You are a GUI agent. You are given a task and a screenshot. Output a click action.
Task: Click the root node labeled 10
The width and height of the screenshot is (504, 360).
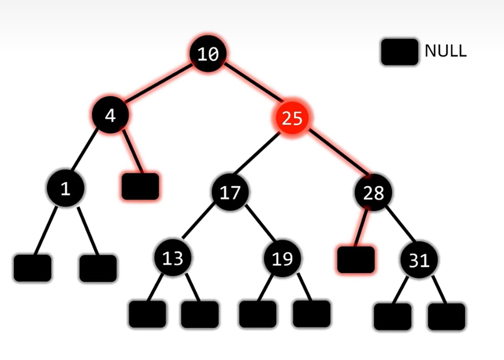208,54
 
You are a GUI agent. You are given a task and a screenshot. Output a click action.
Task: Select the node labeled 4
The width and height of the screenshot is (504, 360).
110,115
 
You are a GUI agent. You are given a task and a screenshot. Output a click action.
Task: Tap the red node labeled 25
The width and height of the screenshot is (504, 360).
292,118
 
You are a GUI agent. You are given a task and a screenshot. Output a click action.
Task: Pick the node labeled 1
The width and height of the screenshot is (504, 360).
65,189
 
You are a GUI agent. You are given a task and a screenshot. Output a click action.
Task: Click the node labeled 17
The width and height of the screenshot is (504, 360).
230,193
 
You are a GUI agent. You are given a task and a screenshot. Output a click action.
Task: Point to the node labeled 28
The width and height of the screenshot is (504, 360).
373,193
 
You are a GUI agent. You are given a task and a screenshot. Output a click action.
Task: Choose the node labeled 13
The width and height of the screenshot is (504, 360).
173,258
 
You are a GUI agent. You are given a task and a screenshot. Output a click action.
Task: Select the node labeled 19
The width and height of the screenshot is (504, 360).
282,259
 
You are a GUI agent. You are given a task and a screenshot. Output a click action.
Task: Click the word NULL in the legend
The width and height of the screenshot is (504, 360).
445,51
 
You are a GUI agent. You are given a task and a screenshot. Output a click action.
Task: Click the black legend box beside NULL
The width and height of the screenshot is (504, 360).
399,52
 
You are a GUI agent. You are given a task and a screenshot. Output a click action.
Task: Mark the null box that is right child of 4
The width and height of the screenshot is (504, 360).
140,186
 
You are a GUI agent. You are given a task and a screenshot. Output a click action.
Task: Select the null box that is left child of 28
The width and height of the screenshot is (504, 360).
356,260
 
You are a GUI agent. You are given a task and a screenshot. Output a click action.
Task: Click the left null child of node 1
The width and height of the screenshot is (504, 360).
32,268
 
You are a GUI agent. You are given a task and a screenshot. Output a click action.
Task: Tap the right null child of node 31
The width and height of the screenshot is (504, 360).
447,316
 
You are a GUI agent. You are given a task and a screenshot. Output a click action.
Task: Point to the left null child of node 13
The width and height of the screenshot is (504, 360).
147,314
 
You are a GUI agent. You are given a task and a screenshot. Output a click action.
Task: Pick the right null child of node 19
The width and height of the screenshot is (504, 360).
311,314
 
